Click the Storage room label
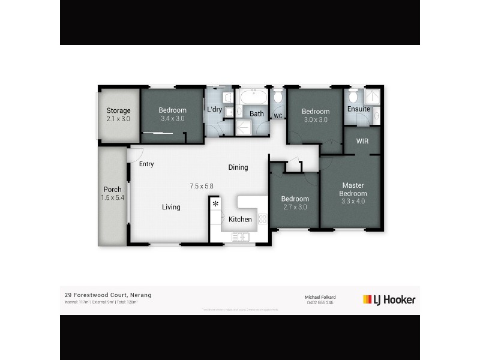(118, 110)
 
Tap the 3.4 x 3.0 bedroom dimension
(172, 119)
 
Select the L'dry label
(214, 110)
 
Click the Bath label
(257, 113)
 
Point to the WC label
(278, 116)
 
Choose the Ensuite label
(359, 109)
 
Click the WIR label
(362, 142)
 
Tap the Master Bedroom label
(354, 189)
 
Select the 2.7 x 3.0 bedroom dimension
(295, 207)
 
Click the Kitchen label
(240, 220)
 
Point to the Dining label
(238, 167)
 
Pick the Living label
(170, 207)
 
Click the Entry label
(146, 164)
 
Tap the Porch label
(112, 190)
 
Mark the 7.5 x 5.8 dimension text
(202, 186)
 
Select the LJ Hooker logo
(389, 299)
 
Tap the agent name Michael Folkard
(321, 297)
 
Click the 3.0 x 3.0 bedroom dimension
(315, 119)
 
